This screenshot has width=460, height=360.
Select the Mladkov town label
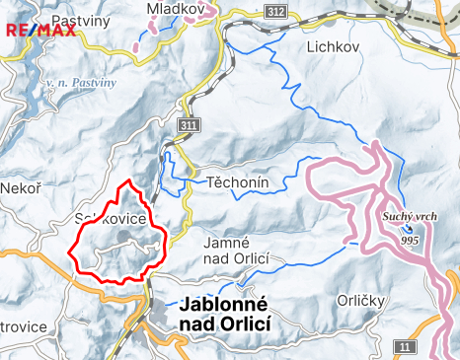(175, 9)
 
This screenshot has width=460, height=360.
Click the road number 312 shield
(276, 11)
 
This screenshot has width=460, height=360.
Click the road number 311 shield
(189, 126)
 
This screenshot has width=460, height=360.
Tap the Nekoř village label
(20, 187)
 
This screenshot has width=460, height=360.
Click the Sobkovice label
(111, 218)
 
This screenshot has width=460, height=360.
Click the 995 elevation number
(411, 240)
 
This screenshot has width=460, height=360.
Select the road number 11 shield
(405, 345)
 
